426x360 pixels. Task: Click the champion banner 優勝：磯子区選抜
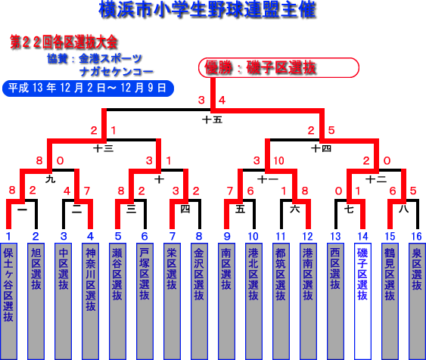278,67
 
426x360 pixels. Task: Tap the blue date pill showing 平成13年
88,88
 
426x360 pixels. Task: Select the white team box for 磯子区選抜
362,301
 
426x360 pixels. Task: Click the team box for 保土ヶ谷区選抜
8,301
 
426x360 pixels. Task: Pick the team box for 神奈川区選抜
91,301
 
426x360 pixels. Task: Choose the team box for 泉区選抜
418,301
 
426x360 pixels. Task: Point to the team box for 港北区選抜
253,301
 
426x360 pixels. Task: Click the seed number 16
416,237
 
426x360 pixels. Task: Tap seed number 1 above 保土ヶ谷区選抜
8,237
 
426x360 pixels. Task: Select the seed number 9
227,237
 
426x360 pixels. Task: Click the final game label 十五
212,119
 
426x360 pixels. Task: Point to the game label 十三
103,148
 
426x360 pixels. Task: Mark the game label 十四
321,148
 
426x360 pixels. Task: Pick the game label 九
50,179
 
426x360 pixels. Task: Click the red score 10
278,161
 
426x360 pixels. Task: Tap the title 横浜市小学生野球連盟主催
207,10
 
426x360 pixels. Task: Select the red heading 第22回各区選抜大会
64,42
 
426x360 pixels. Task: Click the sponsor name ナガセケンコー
117,72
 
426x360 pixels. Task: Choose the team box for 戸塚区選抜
145,301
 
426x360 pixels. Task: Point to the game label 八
403,209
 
